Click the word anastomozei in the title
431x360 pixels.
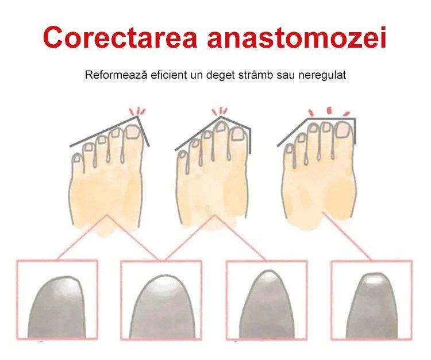297,38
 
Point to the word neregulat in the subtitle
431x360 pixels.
322,75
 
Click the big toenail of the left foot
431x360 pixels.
133,131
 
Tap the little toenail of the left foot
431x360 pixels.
76,158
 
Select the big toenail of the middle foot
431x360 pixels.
237,134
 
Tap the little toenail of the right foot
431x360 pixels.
289,148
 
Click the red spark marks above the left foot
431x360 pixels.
137,111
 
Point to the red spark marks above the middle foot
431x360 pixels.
220,111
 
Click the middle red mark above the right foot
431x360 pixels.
329,110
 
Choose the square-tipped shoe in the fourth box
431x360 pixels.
372,306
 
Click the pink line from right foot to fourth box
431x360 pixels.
347,235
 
